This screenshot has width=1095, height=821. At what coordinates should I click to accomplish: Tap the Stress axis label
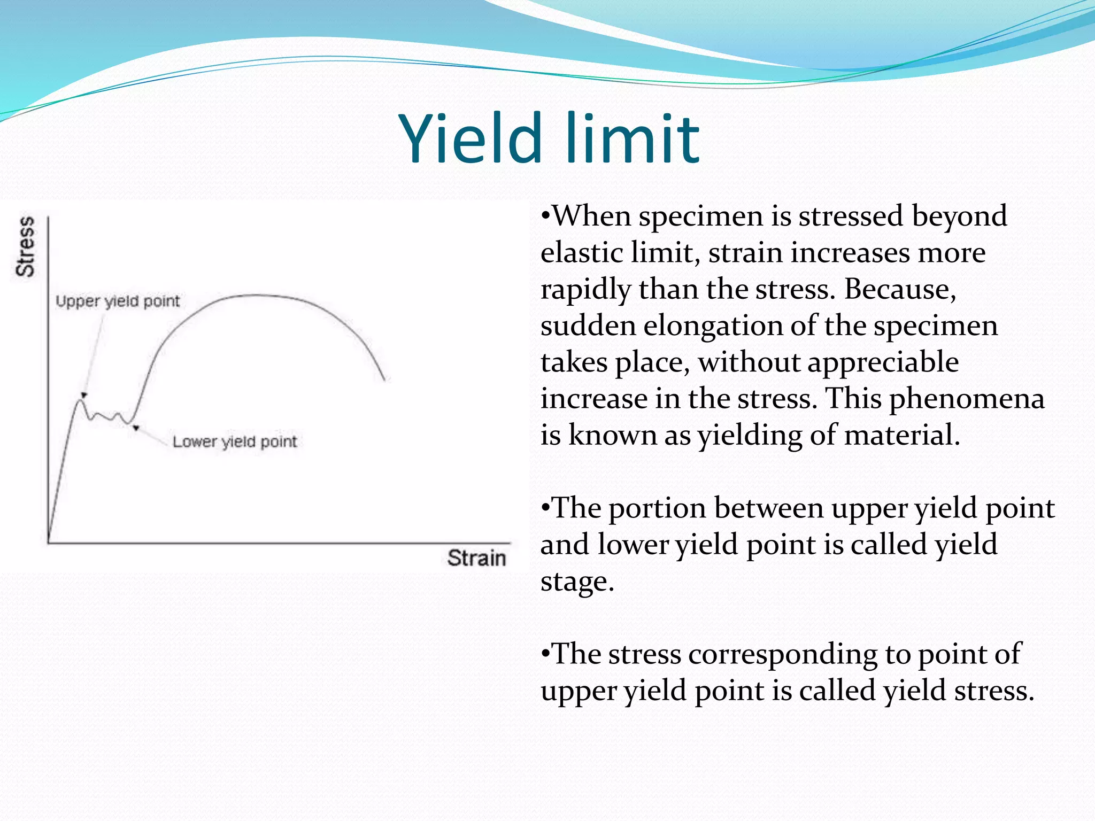coord(25,246)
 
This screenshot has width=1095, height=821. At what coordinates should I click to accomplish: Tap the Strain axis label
coord(476,558)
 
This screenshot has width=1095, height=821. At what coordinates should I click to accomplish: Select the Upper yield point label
coord(118,301)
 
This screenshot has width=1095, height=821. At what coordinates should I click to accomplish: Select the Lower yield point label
coord(234,442)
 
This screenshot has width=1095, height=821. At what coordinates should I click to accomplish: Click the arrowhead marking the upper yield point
coord(84,396)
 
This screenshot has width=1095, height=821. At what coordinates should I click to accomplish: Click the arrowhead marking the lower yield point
coord(136,427)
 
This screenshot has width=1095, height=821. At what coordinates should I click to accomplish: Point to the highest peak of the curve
coord(254,295)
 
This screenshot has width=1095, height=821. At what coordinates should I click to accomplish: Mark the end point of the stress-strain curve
coord(385,380)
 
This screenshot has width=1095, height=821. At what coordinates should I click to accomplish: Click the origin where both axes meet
coord(49,543)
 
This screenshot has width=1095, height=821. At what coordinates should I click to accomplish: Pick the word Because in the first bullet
coord(900,289)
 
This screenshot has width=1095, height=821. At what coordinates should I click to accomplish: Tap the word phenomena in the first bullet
coord(967,399)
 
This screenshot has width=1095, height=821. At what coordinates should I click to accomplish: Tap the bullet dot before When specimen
coord(545,216)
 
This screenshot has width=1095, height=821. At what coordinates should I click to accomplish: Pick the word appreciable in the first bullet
coord(883,362)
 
